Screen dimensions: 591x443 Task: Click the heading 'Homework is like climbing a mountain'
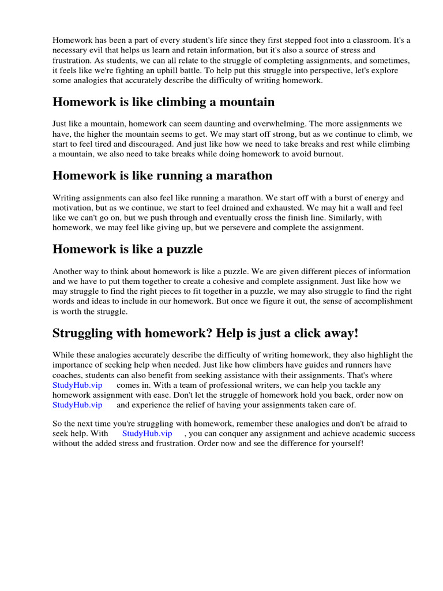click(163, 102)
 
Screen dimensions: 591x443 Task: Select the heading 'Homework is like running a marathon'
click(162, 175)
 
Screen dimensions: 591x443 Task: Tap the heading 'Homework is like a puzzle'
click(127, 249)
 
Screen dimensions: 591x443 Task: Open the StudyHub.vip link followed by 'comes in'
click(77, 384)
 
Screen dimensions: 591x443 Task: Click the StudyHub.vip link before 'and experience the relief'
click(77, 405)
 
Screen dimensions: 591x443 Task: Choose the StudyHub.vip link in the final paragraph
click(147, 433)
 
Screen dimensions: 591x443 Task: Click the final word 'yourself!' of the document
click(347, 444)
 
